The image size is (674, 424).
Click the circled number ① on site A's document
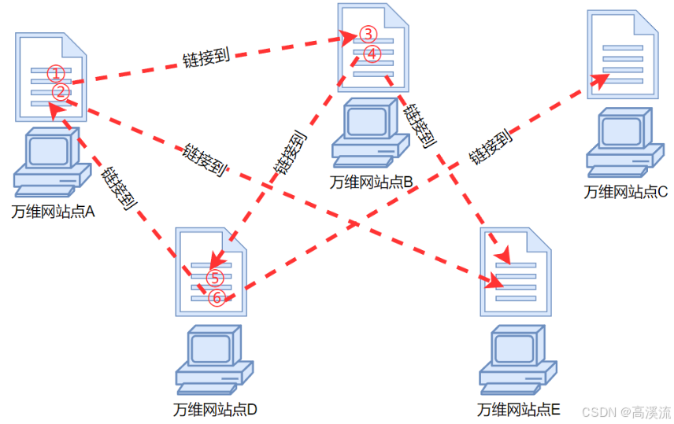click(54, 73)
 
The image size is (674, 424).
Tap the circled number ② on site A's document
click(61, 92)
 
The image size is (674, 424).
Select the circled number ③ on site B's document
click(368, 35)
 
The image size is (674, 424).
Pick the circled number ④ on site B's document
click(373, 53)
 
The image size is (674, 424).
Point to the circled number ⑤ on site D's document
click(215, 278)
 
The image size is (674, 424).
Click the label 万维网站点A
click(53, 212)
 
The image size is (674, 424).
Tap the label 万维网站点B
click(372, 183)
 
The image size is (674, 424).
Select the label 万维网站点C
click(625, 191)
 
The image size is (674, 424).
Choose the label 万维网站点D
click(215, 410)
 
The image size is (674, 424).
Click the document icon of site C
click(623, 53)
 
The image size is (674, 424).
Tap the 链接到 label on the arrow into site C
click(491, 147)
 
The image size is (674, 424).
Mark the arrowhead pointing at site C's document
click(600, 80)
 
